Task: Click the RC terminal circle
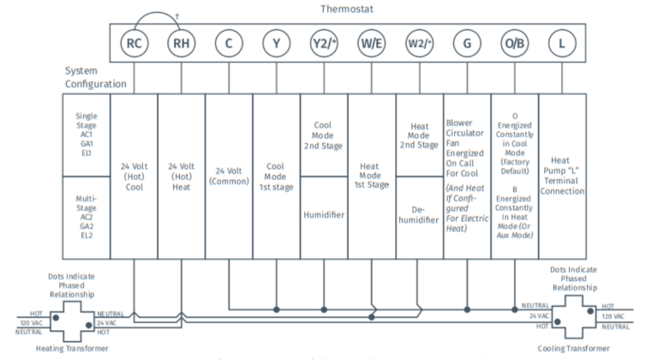pyautogui.click(x=134, y=43)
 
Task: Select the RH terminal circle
pyautogui.click(x=181, y=43)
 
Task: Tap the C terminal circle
pyautogui.click(x=229, y=43)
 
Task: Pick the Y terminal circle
pyautogui.click(x=276, y=43)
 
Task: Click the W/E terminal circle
pyautogui.click(x=371, y=43)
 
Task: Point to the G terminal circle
pyautogui.click(x=466, y=43)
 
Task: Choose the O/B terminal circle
pyautogui.click(x=514, y=43)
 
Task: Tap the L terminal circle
pyautogui.click(x=562, y=43)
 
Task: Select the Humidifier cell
pyautogui.click(x=324, y=215)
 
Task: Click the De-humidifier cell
pyautogui.click(x=419, y=215)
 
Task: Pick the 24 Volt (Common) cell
pyautogui.click(x=229, y=177)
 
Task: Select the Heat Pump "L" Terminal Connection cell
pyautogui.click(x=562, y=175)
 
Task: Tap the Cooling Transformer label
pyautogui.click(x=574, y=348)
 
